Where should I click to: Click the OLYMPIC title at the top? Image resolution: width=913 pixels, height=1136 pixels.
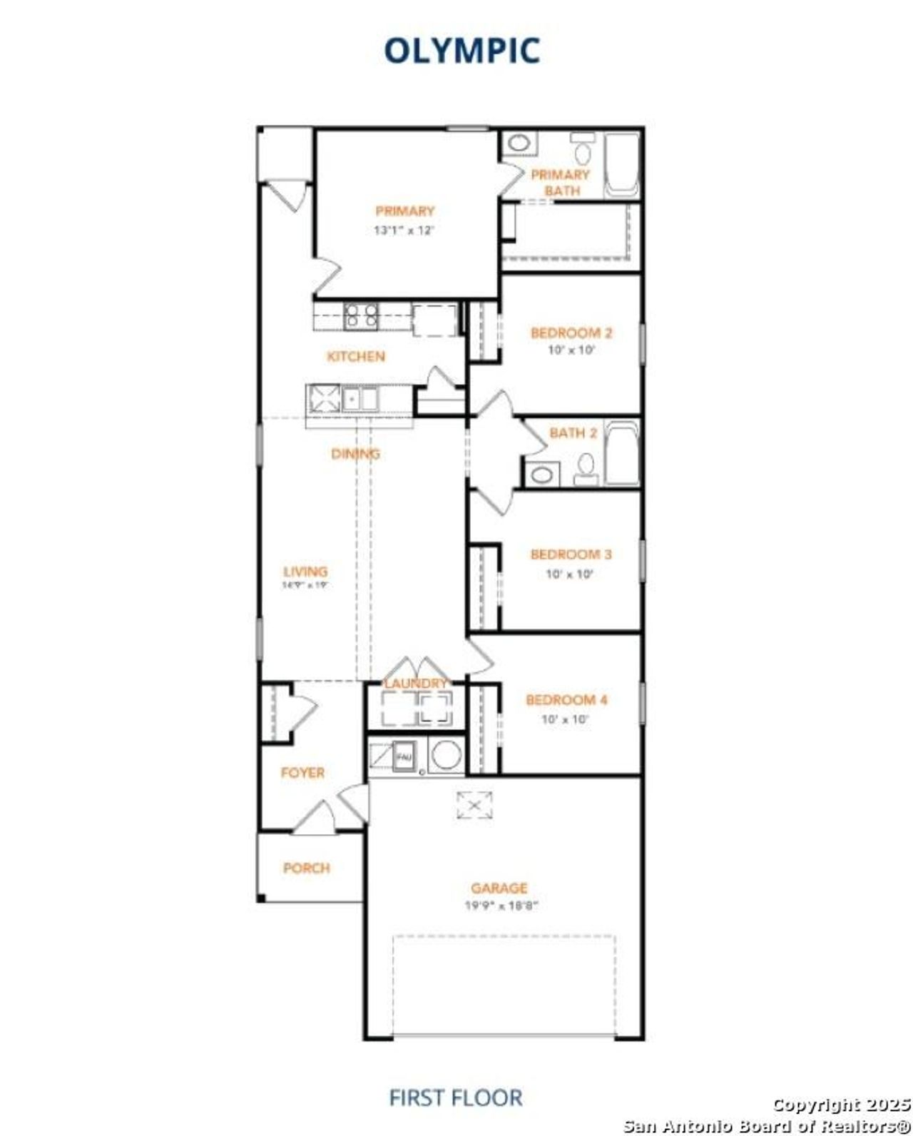461,50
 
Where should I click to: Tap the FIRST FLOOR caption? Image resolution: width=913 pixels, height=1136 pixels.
455,1097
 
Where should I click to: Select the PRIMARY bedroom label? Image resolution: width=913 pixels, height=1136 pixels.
404,211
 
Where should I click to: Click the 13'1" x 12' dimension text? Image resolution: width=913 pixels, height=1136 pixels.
404,230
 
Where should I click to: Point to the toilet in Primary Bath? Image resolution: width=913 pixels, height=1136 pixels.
583,151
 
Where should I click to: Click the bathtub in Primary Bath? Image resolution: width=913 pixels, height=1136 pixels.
621,166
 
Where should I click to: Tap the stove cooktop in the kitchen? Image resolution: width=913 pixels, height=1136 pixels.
362,315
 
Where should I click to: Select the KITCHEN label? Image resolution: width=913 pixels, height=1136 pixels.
356,356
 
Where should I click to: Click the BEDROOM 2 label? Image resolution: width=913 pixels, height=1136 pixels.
571,333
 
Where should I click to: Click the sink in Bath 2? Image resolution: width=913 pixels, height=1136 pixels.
544,474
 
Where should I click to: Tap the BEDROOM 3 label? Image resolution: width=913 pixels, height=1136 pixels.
571,554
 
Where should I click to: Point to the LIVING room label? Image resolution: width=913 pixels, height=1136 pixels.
305,571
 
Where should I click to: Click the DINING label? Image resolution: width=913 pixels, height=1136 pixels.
355,454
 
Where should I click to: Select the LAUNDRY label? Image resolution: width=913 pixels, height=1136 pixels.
416,684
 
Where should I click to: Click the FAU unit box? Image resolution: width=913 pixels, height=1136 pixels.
404,756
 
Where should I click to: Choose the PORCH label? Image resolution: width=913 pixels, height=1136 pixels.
307,868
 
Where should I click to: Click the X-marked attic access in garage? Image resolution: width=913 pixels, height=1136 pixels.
474,805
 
